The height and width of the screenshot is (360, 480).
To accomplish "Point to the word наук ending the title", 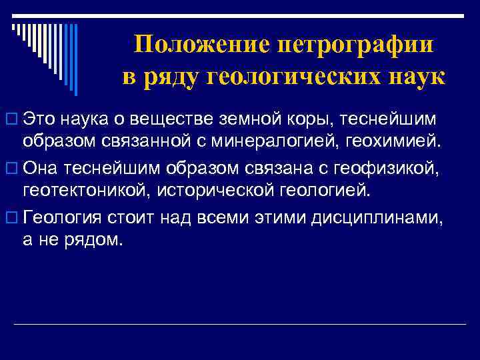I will (x=414, y=75).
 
